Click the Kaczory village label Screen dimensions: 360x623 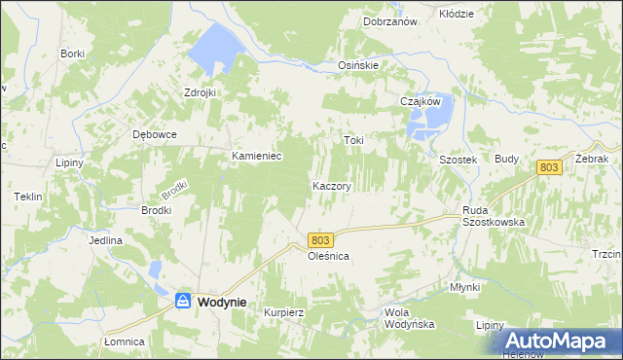click(331, 185)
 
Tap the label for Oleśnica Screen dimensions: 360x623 click(328, 256)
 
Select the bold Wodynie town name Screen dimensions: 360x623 click(222, 303)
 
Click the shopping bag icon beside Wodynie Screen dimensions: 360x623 click(182, 303)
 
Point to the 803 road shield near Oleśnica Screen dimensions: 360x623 click(323, 239)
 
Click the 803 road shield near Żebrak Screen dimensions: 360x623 click(550, 168)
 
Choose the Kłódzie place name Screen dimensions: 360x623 click(456, 14)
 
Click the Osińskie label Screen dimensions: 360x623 click(357, 65)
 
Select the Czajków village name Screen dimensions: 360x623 click(421, 100)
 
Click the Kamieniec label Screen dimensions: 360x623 click(256, 156)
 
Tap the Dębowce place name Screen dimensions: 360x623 click(154, 135)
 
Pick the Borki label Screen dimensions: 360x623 click(72, 54)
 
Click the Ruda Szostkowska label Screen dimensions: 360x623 click(494, 215)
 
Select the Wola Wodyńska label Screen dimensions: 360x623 click(409, 318)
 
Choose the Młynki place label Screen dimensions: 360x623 click(465, 287)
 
